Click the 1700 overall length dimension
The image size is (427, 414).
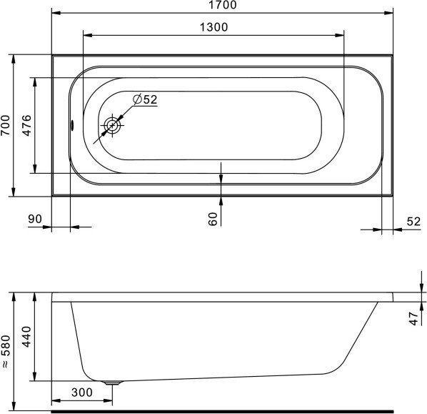click(223, 5)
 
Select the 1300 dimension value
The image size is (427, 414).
click(213, 27)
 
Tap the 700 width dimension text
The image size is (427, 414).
click(6, 125)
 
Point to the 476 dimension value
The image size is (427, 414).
click(27, 125)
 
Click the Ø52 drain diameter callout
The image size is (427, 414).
click(145, 99)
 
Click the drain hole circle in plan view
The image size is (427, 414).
click(112, 125)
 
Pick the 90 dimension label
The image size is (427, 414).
click(35, 219)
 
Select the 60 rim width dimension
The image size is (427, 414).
click(213, 219)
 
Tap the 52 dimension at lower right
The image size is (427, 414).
click(413, 222)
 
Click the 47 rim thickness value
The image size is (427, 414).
click(414, 319)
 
